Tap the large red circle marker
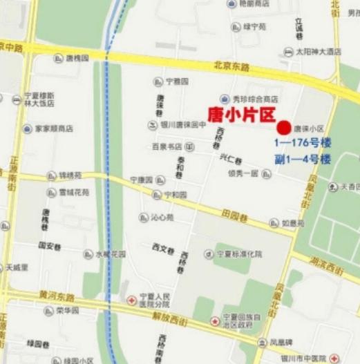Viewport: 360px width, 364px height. [283, 127]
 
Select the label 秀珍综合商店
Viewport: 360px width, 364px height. [254, 98]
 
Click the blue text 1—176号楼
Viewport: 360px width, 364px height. [303, 144]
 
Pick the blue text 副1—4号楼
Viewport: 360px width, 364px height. [303, 160]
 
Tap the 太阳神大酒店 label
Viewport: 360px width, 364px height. [319, 51]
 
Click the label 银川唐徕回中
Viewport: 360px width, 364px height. [183, 125]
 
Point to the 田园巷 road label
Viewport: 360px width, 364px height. [235, 215]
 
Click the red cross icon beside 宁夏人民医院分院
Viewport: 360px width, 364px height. [131, 300]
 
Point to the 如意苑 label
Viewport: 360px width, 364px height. [292, 223]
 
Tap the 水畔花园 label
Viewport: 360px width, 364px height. [111, 254]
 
